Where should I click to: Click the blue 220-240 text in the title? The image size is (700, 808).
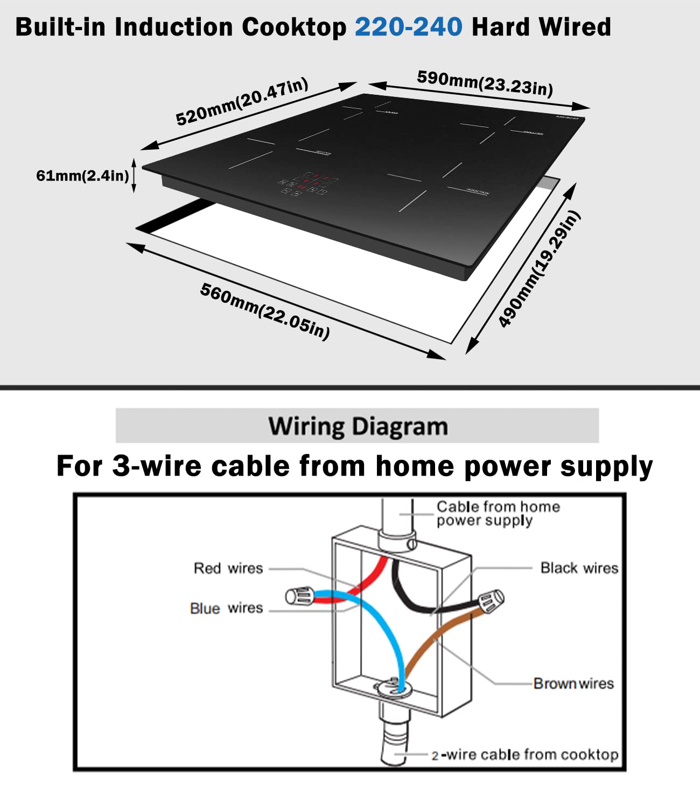coord(408,27)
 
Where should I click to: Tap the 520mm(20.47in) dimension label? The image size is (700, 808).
coord(242,101)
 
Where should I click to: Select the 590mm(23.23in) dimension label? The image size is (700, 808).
coord(485,82)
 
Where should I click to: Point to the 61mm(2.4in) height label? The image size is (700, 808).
coord(82,176)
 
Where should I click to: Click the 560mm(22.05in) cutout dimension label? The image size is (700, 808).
coord(264,311)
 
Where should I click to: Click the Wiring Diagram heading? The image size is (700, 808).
coord(358,426)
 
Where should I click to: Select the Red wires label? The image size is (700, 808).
coord(228,568)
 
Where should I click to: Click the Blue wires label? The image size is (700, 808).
coord(226,608)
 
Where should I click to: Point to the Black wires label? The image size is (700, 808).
coord(579,568)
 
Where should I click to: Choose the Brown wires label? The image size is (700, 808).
coord(573,684)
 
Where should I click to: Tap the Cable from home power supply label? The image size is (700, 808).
coord(498,513)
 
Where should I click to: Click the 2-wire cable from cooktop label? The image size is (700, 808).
coord(524,755)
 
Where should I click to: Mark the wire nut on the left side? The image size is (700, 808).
coord(299,596)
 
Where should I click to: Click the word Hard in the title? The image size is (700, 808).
coord(501,27)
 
